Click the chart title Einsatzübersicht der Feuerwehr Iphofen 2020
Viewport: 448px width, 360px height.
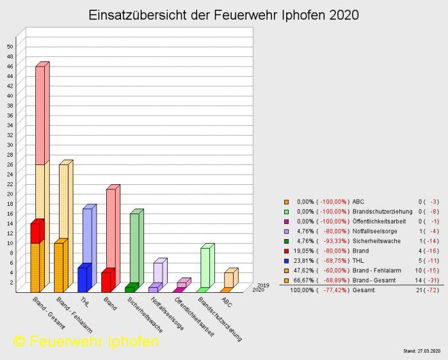point(223,15)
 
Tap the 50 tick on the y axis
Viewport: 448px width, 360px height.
point(10,47)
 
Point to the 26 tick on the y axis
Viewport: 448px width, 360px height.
point(10,164)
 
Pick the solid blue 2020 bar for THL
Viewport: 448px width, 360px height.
point(82,279)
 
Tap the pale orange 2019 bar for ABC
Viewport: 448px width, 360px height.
point(228,279)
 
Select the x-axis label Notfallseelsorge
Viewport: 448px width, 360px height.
point(167,314)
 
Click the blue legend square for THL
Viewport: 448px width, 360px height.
point(287,260)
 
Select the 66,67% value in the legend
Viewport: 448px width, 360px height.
point(301,280)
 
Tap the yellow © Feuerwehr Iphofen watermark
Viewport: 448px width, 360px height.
point(86,341)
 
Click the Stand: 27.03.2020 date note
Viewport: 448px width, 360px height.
point(422,351)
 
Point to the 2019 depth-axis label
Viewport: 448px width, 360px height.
point(263,285)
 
